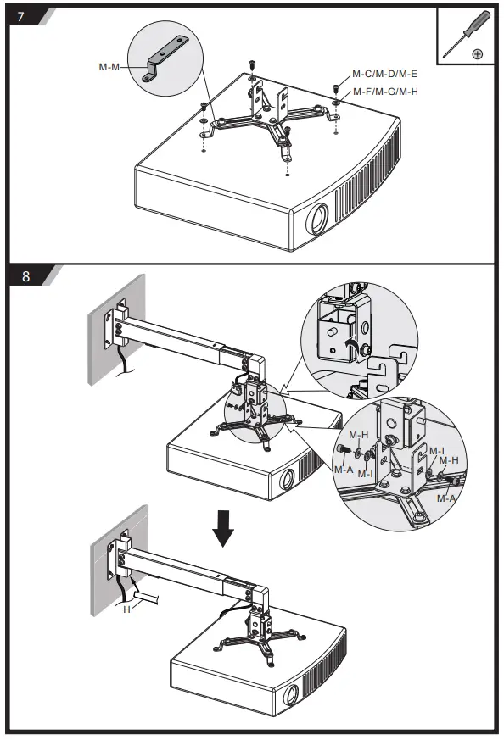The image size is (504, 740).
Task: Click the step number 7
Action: tap(20, 16)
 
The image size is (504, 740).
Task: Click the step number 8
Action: tap(26, 275)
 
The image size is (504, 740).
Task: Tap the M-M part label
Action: tap(109, 67)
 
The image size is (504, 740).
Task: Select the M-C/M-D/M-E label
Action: tap(384, 74)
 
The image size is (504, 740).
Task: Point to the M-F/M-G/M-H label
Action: tap(385, 92)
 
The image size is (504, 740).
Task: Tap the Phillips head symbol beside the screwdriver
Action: tap(477, 53)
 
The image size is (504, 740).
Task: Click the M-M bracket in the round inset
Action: tap(168, 60)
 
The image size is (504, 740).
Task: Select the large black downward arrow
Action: tap(223, 528)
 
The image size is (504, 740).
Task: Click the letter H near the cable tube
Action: tap(126, 609)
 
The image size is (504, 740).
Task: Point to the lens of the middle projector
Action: tap(287, 480)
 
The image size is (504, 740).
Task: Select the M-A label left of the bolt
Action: tap(344, 470)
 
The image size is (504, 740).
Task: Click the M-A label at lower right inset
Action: tap(446, 498)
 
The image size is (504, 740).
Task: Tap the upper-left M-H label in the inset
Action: tap(359, 435)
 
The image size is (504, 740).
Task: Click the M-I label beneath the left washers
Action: tap(365, 473)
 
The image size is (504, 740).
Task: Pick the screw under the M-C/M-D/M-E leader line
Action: tap(336, 88)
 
